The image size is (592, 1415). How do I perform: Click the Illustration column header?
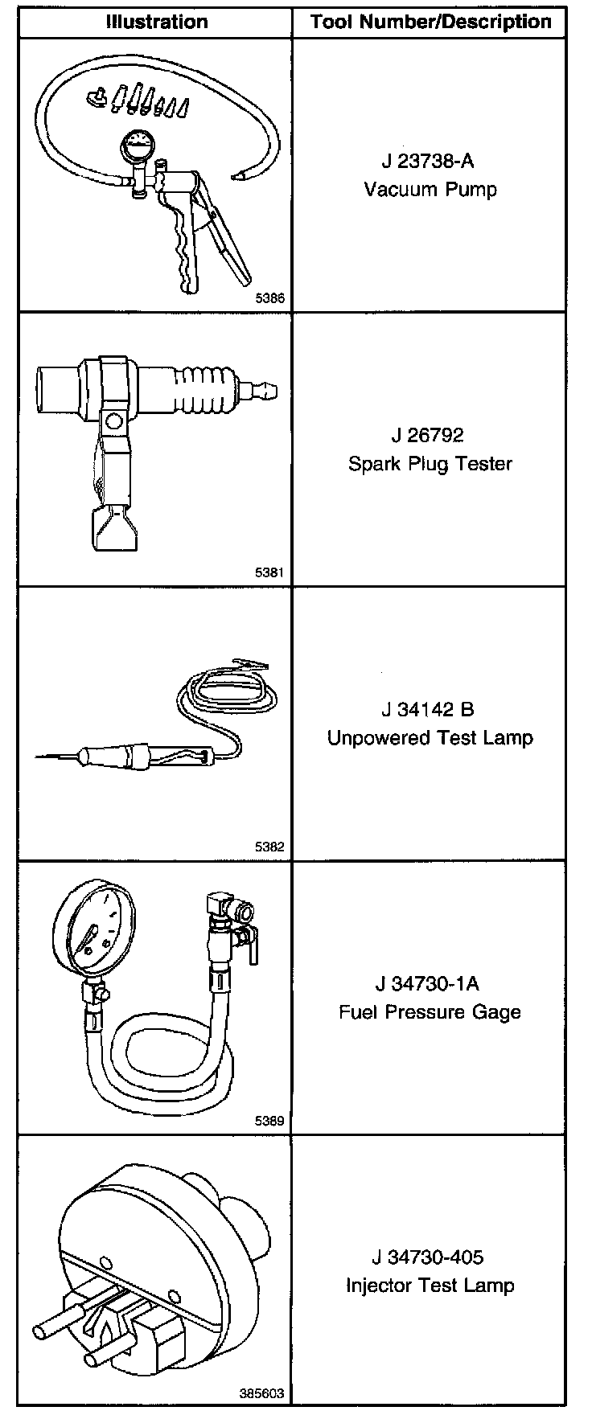point(157,22)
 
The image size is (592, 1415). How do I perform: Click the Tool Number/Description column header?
point(431,22)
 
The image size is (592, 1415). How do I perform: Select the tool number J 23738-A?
point(429,162)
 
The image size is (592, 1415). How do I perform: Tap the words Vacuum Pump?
point(430,190)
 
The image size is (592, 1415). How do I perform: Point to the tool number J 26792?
point(428,436)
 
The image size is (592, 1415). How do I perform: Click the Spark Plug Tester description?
point(430,464)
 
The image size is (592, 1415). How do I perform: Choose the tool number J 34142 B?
point(428,710)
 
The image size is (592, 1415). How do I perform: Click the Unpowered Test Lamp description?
point(430,738)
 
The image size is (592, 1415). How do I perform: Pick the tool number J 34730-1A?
point(428,984)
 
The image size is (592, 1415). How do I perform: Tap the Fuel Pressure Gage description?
point(430,1012)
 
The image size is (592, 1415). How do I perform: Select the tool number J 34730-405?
point(428,1257)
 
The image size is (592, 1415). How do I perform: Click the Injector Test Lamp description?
point(430,1286)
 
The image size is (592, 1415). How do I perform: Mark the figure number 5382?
point(269,847)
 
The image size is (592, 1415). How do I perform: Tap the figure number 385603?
point(262,1394)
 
